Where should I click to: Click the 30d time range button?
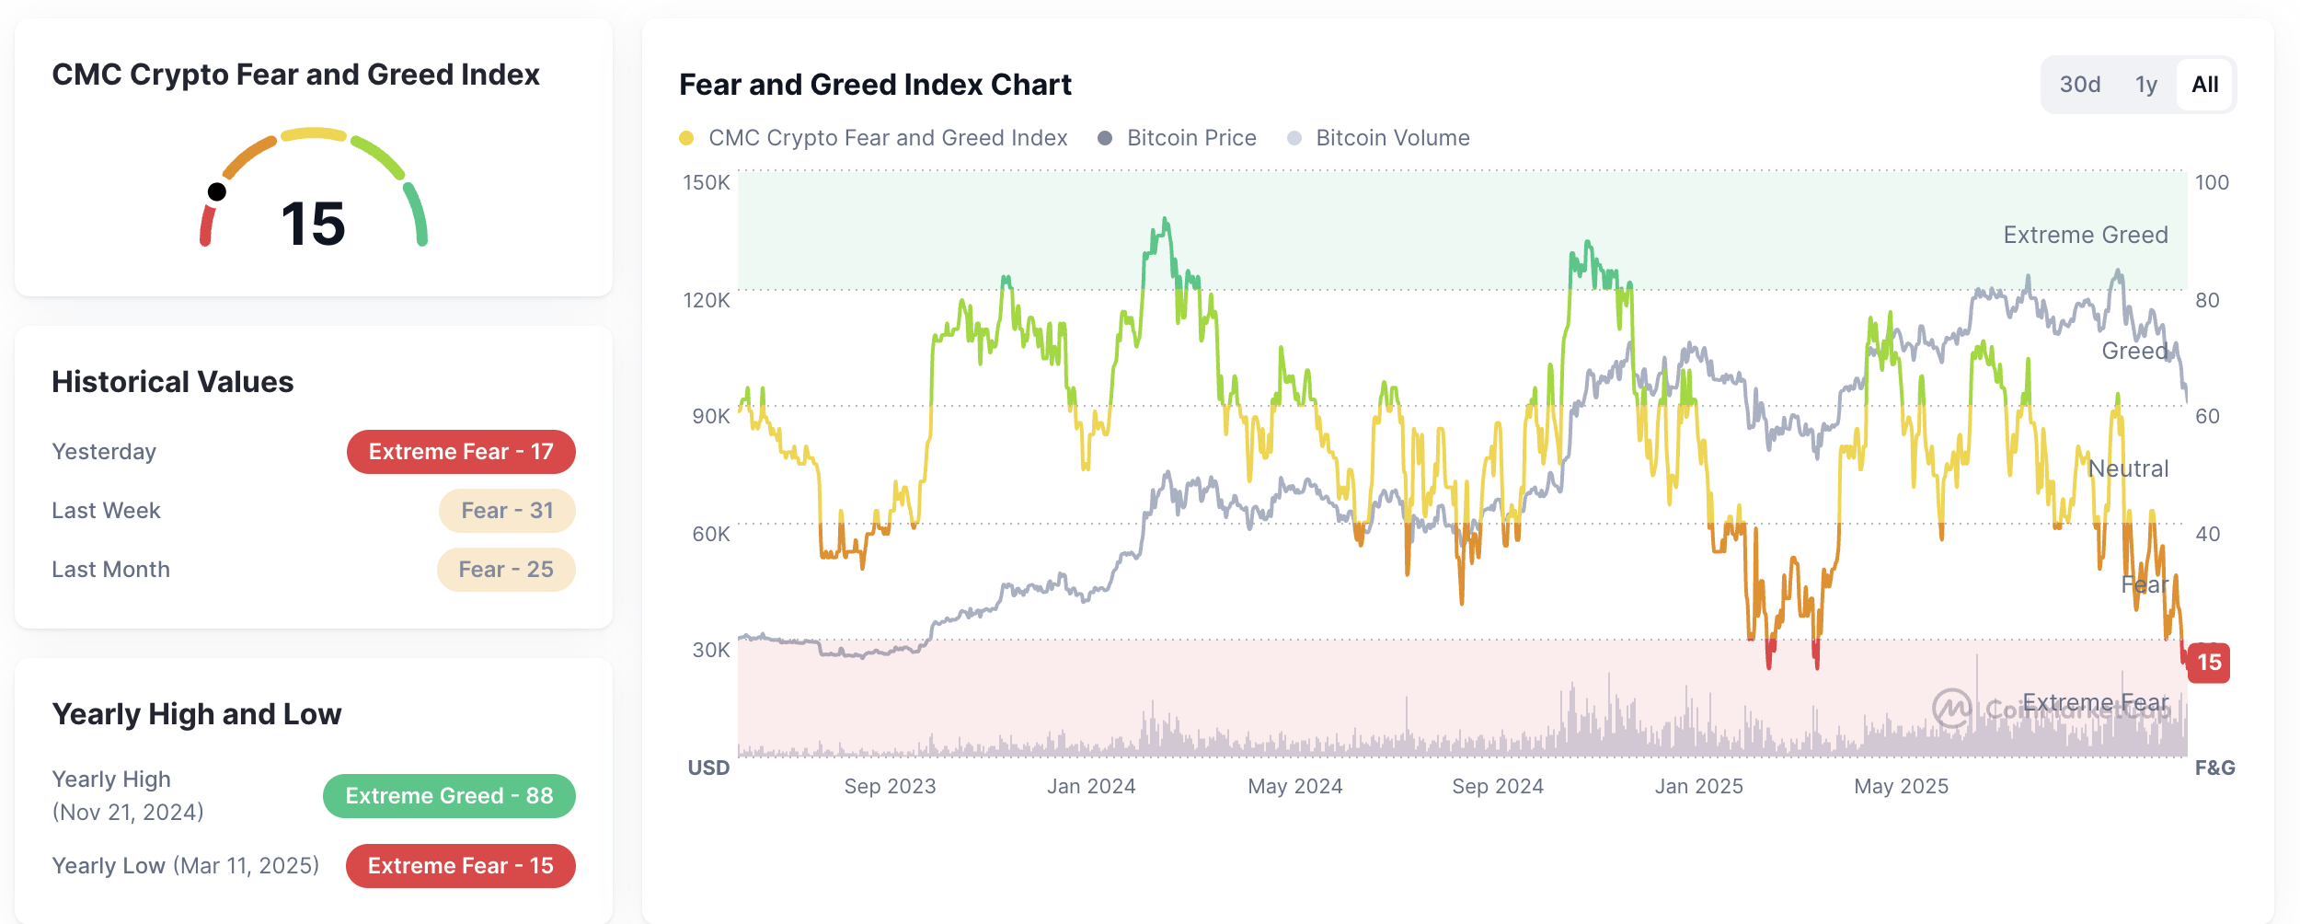tap(2079, 85)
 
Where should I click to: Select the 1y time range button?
tap(2145, 85)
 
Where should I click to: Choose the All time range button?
tap(2204, 85)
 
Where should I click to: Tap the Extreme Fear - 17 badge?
tap(461, 452)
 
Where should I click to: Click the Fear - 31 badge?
tap(507, 511)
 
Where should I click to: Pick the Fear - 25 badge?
tap(506, 570)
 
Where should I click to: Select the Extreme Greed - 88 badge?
tap(449, 796)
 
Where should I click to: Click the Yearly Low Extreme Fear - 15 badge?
tap(460, 866)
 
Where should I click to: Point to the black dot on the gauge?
tap(217, 191)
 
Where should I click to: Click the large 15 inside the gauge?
tap(313, 224)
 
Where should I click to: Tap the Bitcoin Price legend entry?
tap(1190, 138)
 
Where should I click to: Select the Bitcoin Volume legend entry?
tap(1392, 138)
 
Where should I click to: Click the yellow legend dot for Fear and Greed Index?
tap(686, 138)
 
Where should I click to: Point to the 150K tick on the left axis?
tap(706, 182)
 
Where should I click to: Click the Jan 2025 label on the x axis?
tap(1698, 786)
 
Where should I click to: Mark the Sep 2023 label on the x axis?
tap(890, 786)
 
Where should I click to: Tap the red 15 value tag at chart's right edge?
tap(2208, 662)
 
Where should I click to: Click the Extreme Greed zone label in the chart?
tap(2085, 235)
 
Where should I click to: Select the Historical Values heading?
tap(173, 382)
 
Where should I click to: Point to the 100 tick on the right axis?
tap(2212, 182)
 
